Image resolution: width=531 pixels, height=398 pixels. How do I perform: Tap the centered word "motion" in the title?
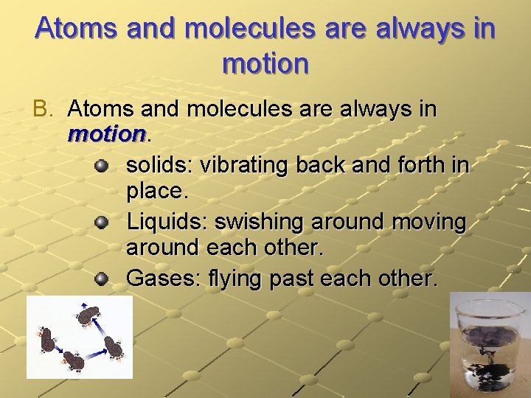pyautogui.click(x=265, y=64)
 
